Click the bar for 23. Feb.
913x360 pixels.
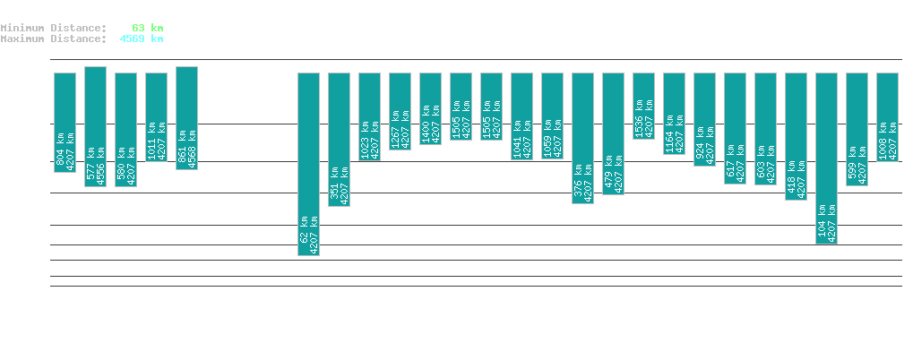pyautogui.click(x=308, y=164)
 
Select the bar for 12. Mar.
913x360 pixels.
pyautogui.click(x=826, y=158)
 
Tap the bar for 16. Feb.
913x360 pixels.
pyautogui.click(x=95, y=126)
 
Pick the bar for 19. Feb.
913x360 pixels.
pyautogui.click(x=186, y=118)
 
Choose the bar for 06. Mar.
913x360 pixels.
pyautogui.click(x=643, y=106)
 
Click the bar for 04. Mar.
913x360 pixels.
pyautogui.click(x=582, y=138)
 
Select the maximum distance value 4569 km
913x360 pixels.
pyautogui.click(x=142, y=39)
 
